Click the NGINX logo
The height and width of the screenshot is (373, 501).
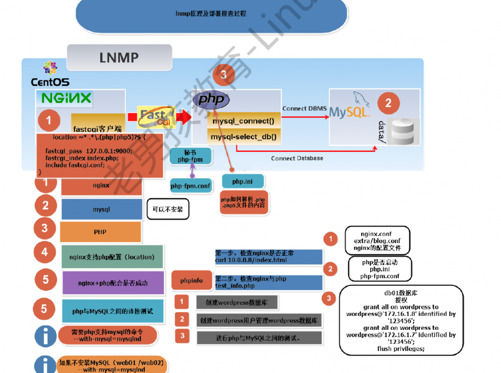point(67,98)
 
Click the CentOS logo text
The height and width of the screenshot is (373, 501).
point(50,82)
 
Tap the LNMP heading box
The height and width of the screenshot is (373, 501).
point(119,58)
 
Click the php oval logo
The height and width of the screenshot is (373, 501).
point(211,100)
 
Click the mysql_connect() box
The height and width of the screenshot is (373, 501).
point(243,121)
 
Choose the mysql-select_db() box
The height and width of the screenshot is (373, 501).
point(243,136)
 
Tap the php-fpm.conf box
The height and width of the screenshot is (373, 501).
point(191,185)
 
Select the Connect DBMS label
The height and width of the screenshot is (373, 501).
point(304,108)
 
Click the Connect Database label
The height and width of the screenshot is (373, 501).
point(297,158)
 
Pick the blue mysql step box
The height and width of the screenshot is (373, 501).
point(102,209)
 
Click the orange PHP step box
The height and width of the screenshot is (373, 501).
point(100,232)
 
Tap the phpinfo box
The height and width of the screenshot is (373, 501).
point(191,280)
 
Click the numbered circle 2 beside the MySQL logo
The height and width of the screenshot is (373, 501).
point(388,104)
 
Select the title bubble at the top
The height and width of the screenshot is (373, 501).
point(211,14)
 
